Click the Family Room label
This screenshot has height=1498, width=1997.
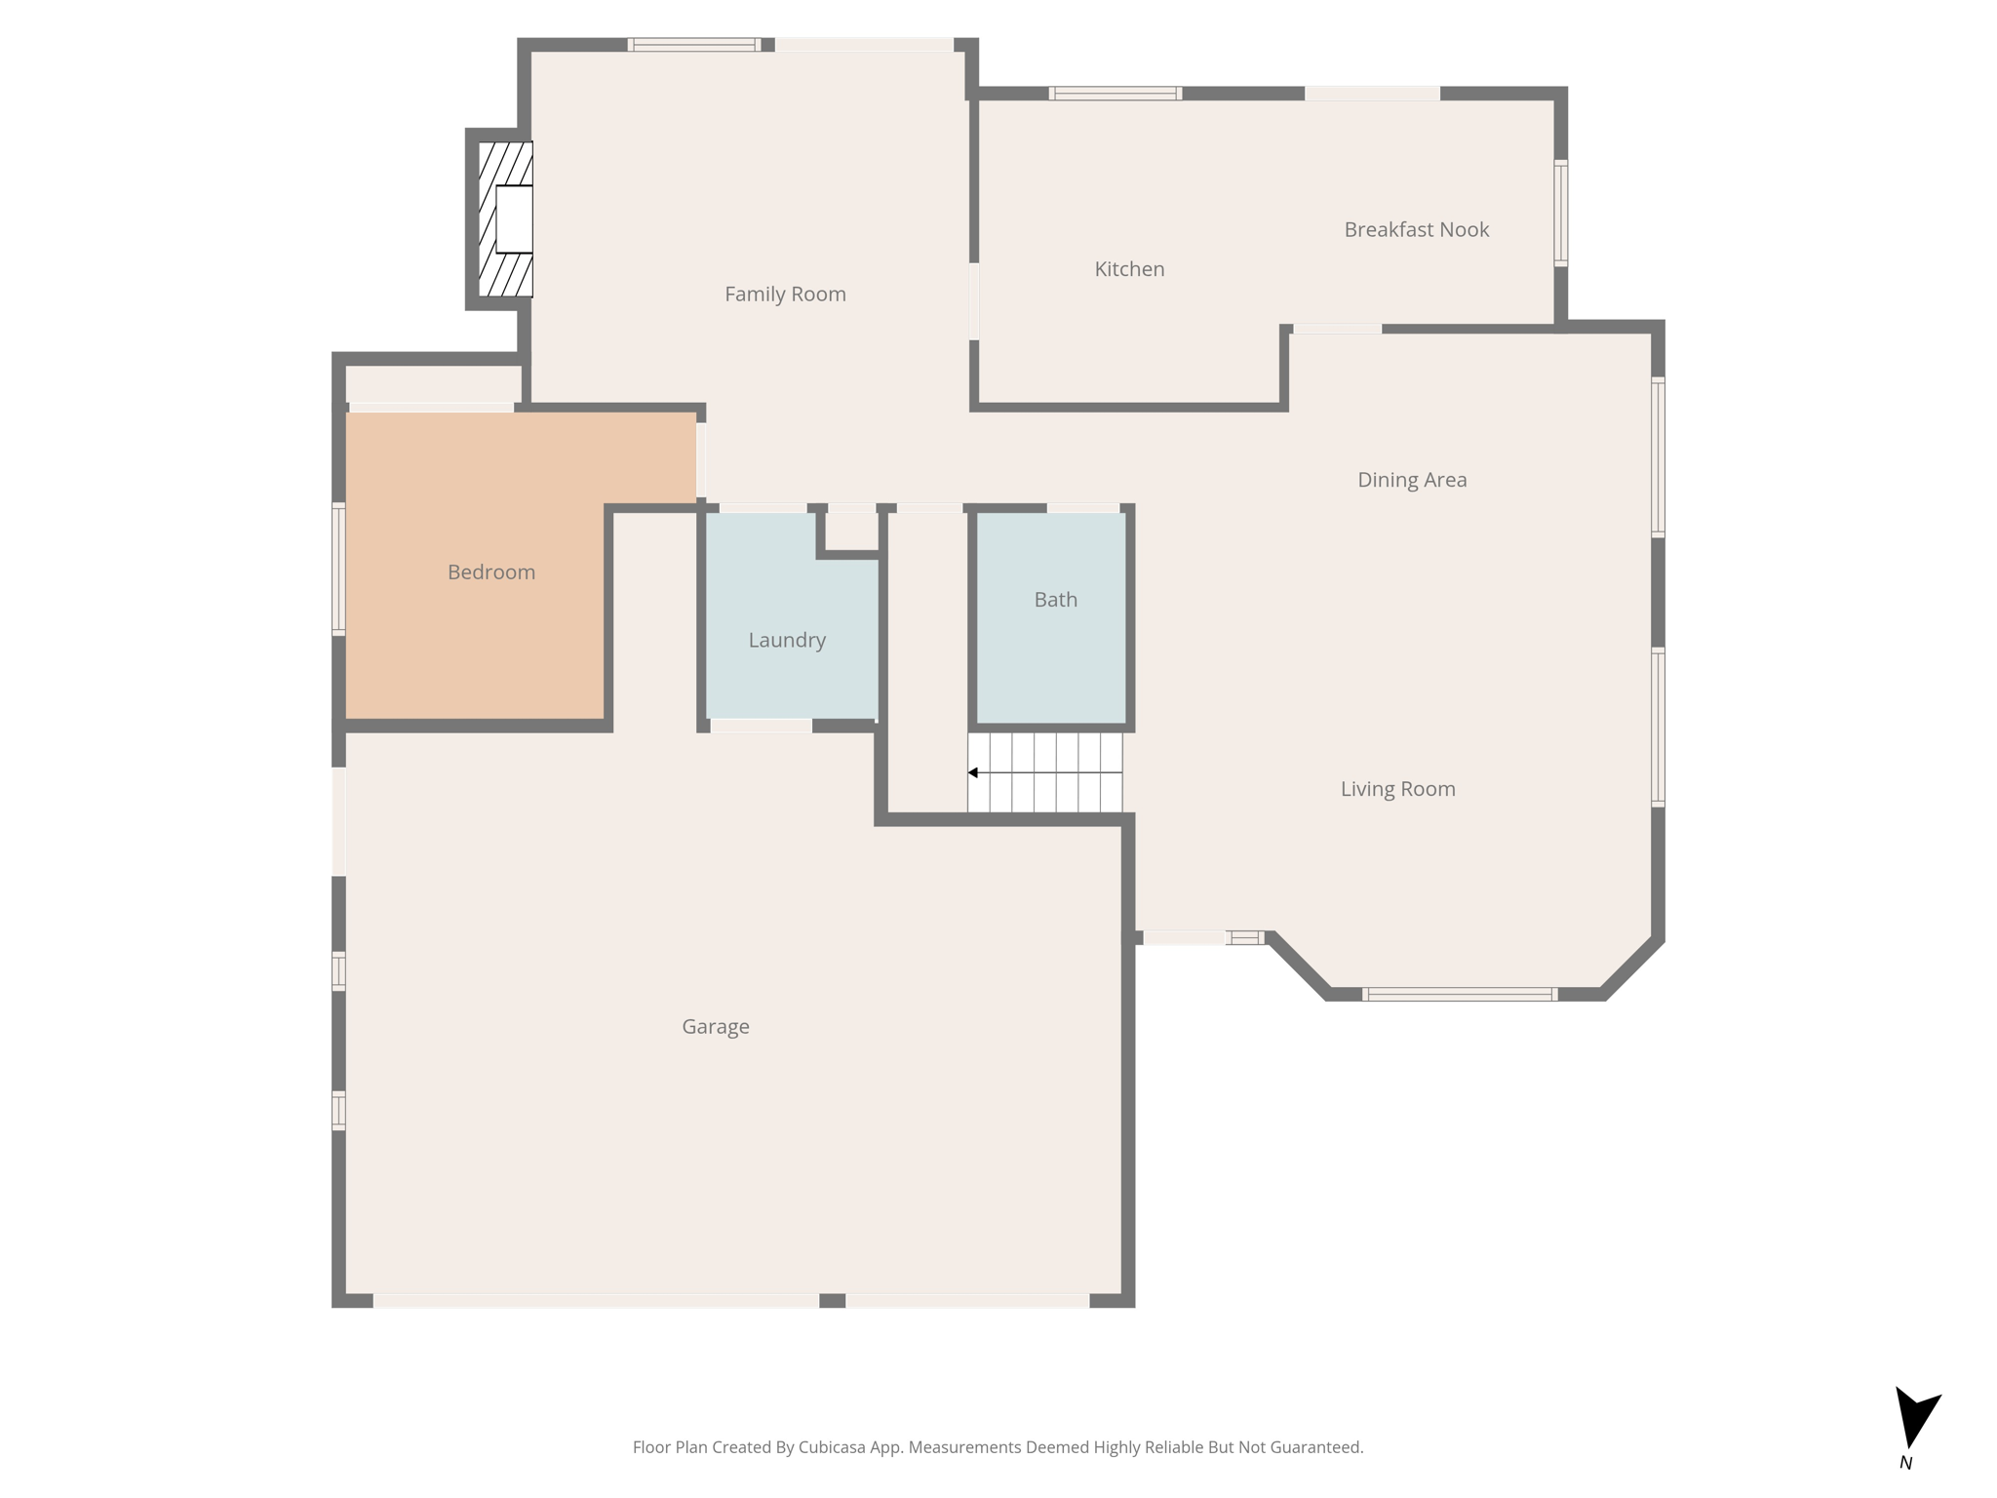click(785, 294)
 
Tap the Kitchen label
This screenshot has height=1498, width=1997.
click(1129, 269)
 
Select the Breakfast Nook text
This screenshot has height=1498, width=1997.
click(1416, 230)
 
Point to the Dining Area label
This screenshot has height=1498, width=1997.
click(1412, 480)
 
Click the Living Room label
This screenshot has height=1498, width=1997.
click(1397, 789)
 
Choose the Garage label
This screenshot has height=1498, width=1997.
click(715, 1026)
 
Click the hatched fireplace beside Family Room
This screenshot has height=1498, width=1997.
click(505, 219)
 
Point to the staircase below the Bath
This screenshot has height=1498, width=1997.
click(1045, 772)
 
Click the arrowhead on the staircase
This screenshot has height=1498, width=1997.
click(973, 773)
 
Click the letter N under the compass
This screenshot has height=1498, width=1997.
click(1905, 1463)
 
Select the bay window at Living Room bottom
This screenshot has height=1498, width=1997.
click(1459, 995)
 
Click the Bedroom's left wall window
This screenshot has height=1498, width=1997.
click(338, 570)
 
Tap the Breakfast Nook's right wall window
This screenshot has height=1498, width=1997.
click(1560, 213)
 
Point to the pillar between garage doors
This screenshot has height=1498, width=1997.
click(832, 1301)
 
